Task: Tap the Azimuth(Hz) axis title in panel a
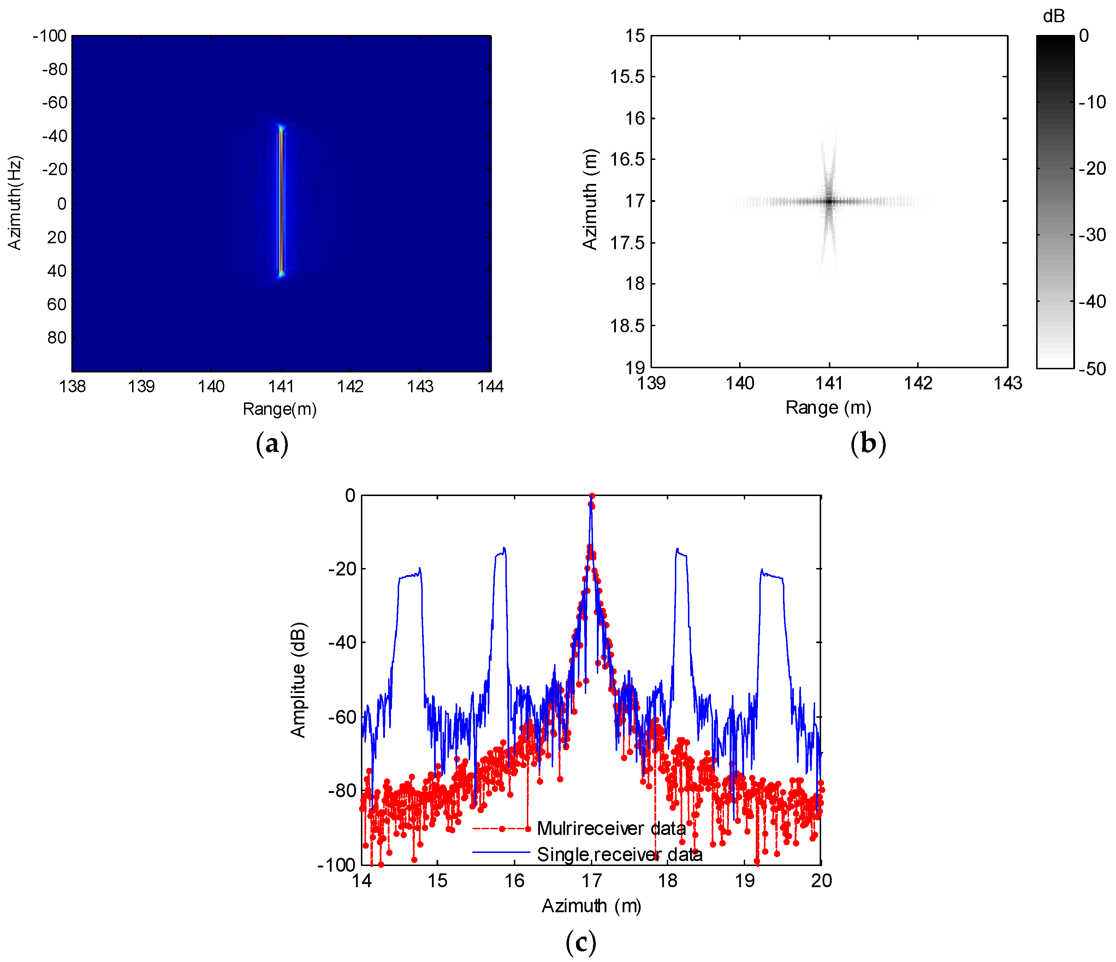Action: tap(14, 203)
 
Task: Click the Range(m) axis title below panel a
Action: tap(280, 409)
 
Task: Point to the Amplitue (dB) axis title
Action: tap(298, 680)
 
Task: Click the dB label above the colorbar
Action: tap(1053, 17)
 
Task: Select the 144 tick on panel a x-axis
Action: tap(490, 387)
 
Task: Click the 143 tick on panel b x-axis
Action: tap(1007, 383)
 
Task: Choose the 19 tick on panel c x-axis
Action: tap(744, 881)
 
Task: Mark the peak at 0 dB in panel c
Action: tap(592, 496)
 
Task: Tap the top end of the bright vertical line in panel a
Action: tap(281, 127)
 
